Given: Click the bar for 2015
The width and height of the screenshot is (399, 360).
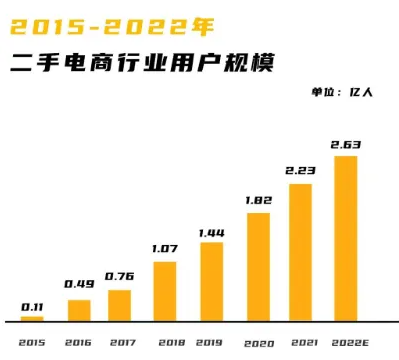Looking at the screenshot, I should point(32,319).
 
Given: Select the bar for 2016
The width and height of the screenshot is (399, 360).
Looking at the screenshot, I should point(78,310).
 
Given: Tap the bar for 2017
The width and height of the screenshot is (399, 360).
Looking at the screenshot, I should point(119,305).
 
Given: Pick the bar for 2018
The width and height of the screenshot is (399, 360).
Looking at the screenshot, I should point(165,291).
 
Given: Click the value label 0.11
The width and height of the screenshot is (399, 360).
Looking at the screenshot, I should point(32,306).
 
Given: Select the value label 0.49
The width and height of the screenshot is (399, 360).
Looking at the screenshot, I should point(78,284).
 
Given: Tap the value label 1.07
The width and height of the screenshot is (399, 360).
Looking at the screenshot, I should point(165,248).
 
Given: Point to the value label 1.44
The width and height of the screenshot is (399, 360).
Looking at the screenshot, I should point(212,231).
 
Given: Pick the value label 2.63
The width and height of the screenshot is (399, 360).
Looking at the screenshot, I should point(345,145).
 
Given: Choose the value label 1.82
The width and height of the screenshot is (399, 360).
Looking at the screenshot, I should point(258,200).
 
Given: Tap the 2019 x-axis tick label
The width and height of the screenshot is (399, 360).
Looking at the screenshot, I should point(211,341).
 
